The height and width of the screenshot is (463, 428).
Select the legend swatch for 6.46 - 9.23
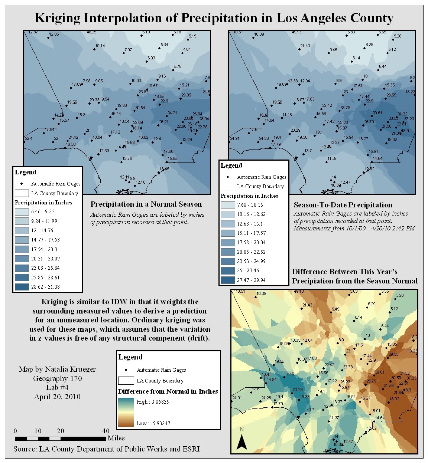click(22, 212)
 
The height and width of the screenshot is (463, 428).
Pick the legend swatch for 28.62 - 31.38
click(22, 287)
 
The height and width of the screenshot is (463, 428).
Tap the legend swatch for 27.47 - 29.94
click(227, 280)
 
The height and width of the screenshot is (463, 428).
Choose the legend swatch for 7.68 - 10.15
click(227, 205)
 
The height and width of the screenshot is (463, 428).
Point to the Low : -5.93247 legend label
click(153, 423)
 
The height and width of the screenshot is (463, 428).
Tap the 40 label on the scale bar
click(106, 431)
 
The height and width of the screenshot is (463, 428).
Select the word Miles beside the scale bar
click(116, 438)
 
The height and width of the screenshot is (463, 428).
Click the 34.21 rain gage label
click(172, 113)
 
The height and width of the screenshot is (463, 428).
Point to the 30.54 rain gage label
click(140, 108)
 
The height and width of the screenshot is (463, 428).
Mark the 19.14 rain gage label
click(100, 46)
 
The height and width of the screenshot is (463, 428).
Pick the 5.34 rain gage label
click(164, 45)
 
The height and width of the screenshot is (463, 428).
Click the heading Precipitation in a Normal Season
click(146, 204)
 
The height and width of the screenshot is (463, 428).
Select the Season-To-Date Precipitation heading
click(343, 205)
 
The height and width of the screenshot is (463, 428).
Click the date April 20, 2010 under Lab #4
click(57, 397)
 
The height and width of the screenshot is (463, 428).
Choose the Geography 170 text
click(57, 378)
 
